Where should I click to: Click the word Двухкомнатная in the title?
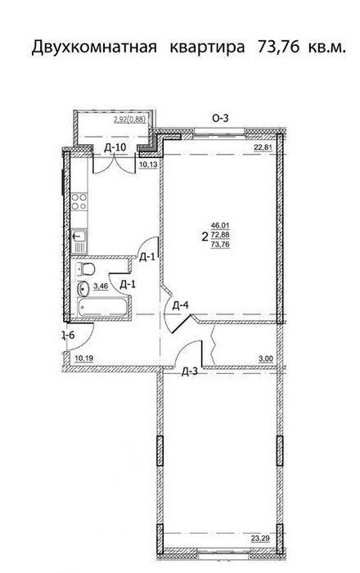[94, 47]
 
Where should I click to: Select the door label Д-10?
[115, 147]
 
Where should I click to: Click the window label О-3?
[220, 118]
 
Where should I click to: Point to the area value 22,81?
[263, 147]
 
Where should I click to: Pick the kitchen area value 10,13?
[148, 165]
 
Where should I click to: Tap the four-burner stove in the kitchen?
[79, 201]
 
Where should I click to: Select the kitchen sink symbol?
[79, 241]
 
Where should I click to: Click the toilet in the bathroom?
[85, 269]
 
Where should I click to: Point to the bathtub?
[102, 306]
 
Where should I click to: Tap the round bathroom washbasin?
[83, 289]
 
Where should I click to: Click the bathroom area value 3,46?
[101, 286]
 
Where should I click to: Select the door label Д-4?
[180, 305]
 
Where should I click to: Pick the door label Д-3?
[190, 372]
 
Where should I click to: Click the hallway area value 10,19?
[83, 359]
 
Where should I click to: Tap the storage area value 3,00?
[266, 359]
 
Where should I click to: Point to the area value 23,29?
[260, 538]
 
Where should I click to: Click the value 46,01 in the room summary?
[221, 227]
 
